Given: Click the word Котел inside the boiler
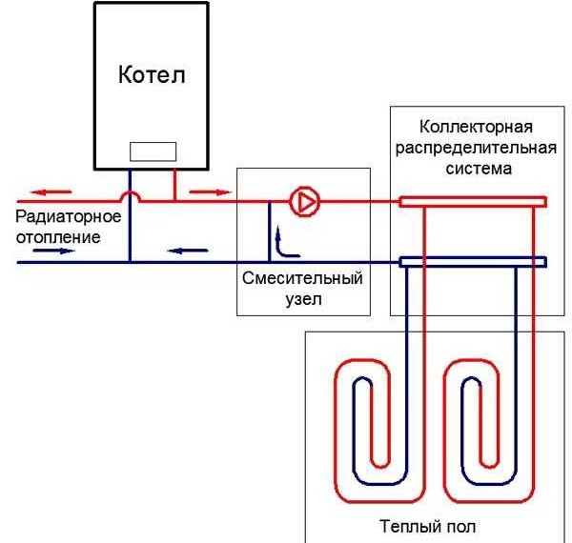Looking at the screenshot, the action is [x=152, y=74].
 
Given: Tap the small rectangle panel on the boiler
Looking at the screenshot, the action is [x=153, y=151].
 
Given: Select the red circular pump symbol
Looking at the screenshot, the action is [x=305, y=202].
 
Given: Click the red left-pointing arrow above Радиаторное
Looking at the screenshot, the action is [x=51, y=191].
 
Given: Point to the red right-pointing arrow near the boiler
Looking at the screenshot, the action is [x=211, y=192].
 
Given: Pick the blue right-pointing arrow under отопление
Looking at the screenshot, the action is [x=54, y=251].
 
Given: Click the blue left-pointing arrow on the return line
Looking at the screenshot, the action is [x=188, y=251].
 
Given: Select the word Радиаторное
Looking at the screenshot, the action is [x=69, y=216].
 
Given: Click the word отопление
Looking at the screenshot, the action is [x=58, y=237].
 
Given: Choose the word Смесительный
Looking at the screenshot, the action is [x=302, y=278].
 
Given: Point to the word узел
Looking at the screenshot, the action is [x=303, y=299].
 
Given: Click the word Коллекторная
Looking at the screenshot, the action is [x=476, y=127].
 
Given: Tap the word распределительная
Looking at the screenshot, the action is [x=476, y=148].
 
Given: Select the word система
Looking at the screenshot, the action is [x=479, y=169].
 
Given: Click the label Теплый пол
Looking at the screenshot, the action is [x=428, y=527].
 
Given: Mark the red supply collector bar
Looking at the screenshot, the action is [x=473, y=202].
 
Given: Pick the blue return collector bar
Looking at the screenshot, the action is [x=473, y=262].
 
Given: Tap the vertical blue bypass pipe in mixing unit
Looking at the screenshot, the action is [x=270, y=231].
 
